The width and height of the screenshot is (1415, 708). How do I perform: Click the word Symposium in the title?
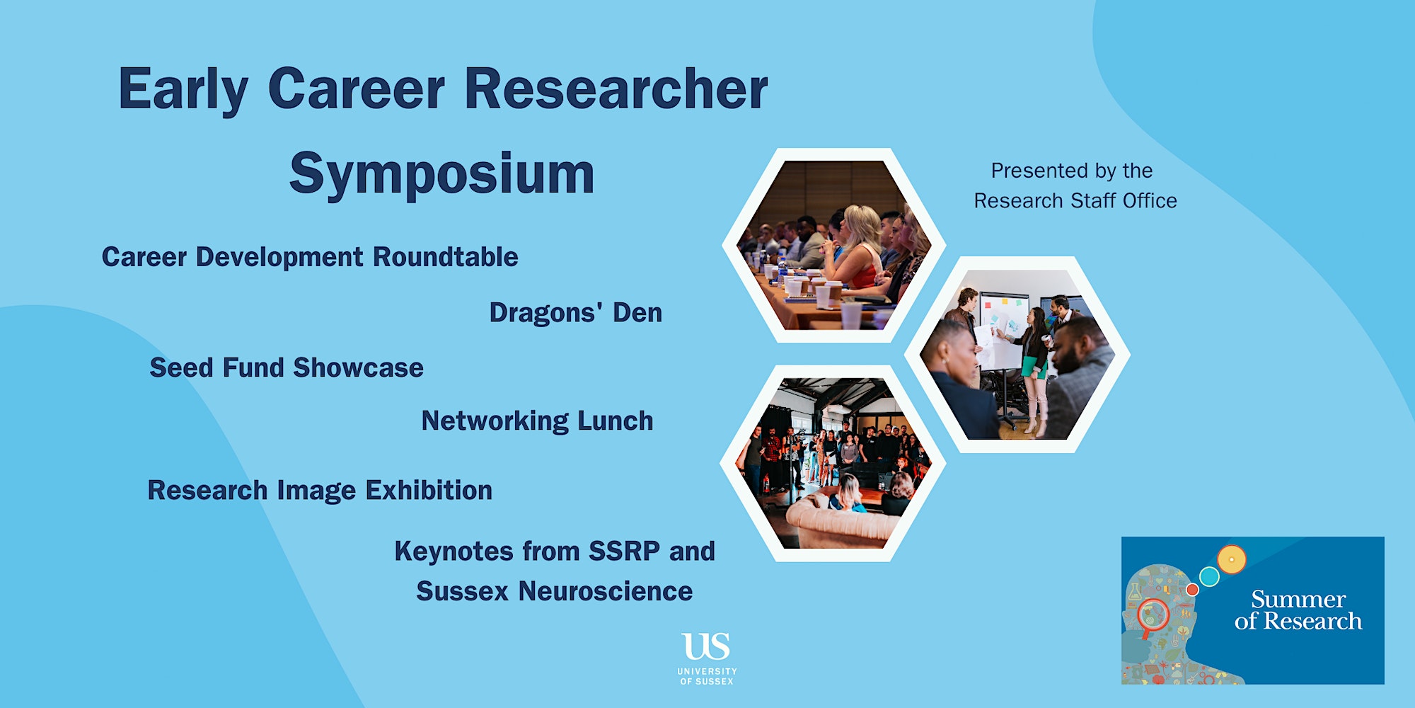pyautogui.click(x=442, y=174)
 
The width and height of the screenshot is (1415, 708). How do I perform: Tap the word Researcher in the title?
pyautogui.click(x=616, y=89)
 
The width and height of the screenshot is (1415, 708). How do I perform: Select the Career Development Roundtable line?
pyautogui.click(x=310, y=257)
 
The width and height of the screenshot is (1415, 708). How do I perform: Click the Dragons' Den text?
pyautogui.click(x=576, y=312)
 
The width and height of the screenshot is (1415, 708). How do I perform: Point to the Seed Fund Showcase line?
pyautogui.click(x=287, y=367)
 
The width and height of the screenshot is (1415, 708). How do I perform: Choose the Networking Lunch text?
pyautogui.click(x=538, y=421)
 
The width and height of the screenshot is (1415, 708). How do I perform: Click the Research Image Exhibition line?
pyautogui.click(x=320, y=490)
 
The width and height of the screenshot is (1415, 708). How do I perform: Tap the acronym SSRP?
pyautogui.click(x=625, y=551)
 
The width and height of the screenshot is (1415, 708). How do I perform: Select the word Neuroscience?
pyautogui.click(x=606, y=591)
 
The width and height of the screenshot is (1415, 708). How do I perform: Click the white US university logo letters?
pyautogui.click(x=706, y=646)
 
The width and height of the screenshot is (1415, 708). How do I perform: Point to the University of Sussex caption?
pyautogui.click(x=707, y=676)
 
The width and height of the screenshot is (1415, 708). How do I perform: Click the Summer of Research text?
pyautogui.click(x=1298, y=610)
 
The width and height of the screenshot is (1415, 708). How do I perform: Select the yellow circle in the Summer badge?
pyautogui.click(x=1232, y=559)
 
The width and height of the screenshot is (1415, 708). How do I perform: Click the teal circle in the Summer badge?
pyautogui.click(x=1210, y=576)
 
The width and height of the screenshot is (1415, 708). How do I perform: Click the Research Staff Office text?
pyautogui.click(x=1075, y=201)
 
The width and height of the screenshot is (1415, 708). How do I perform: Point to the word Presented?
pyautogui.click(x=1026, y=171)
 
